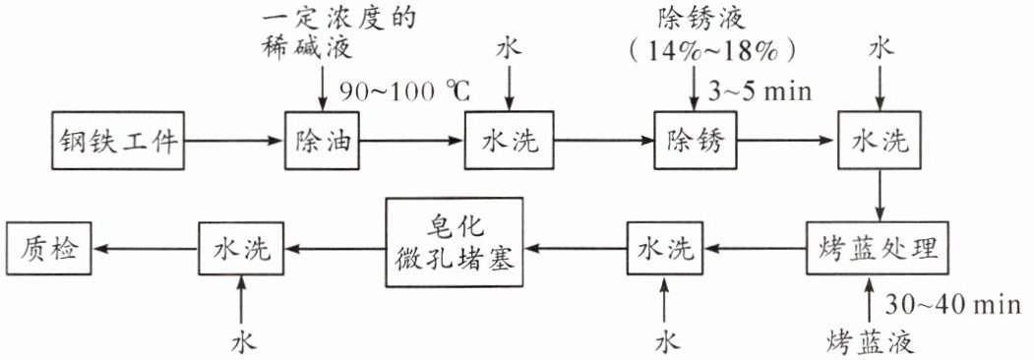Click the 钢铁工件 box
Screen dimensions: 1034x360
[x=118, y=141]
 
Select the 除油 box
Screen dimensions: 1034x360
[x=323, y=141]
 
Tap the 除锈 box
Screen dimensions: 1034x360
[x=696, y=141]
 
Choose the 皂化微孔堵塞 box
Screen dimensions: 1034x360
[x=455, y=243]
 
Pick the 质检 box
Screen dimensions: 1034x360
[x=49, y=249]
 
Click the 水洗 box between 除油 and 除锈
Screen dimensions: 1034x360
[x=510, y=141]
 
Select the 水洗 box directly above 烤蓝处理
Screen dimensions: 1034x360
[x=881, y=141]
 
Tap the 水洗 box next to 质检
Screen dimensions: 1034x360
[x=241, y=249]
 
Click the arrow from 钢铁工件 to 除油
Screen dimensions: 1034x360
[x=234, y=141]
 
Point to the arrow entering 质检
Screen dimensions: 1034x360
[x=146, y=249]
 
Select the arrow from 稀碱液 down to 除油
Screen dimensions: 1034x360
[x=323, y=88]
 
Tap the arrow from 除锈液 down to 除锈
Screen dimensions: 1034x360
[x=695, y=89]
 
